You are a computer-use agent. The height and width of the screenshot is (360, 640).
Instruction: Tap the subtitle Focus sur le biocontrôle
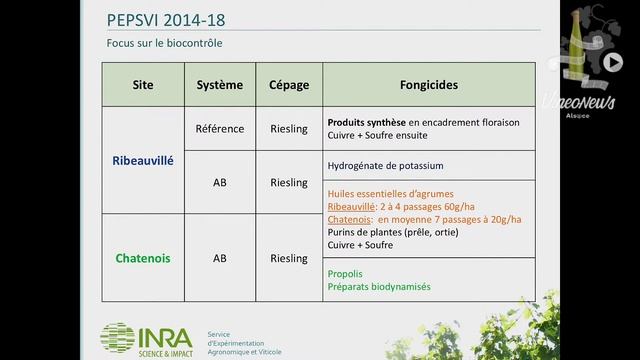click(x=165, y=44)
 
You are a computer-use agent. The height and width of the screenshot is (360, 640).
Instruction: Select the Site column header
click(x=143, y=85)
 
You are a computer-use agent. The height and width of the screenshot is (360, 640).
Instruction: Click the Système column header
click(x=220, y=85)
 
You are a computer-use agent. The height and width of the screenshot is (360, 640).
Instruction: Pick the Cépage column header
click(x=289, y=85)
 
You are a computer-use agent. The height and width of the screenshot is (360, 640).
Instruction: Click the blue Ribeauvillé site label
click(x=143, y=160)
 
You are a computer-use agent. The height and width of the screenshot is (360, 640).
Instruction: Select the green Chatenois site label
click(x=143, y=258)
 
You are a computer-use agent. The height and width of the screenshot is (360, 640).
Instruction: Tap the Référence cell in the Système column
click(x=220, y=129)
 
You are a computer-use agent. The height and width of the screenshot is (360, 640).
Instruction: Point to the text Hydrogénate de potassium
click(x=385, y=165)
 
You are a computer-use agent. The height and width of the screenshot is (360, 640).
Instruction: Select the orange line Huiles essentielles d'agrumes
click(x=390, y=193)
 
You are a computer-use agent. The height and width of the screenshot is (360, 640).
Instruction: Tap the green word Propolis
click(x=345, y=272)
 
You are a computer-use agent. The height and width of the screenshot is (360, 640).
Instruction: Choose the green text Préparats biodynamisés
click(x=379, y=286)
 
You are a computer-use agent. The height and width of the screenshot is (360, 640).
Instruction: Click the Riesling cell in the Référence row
click(x=289, y=129)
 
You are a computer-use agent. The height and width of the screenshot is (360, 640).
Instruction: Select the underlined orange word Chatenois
click(x=350, y=219)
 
